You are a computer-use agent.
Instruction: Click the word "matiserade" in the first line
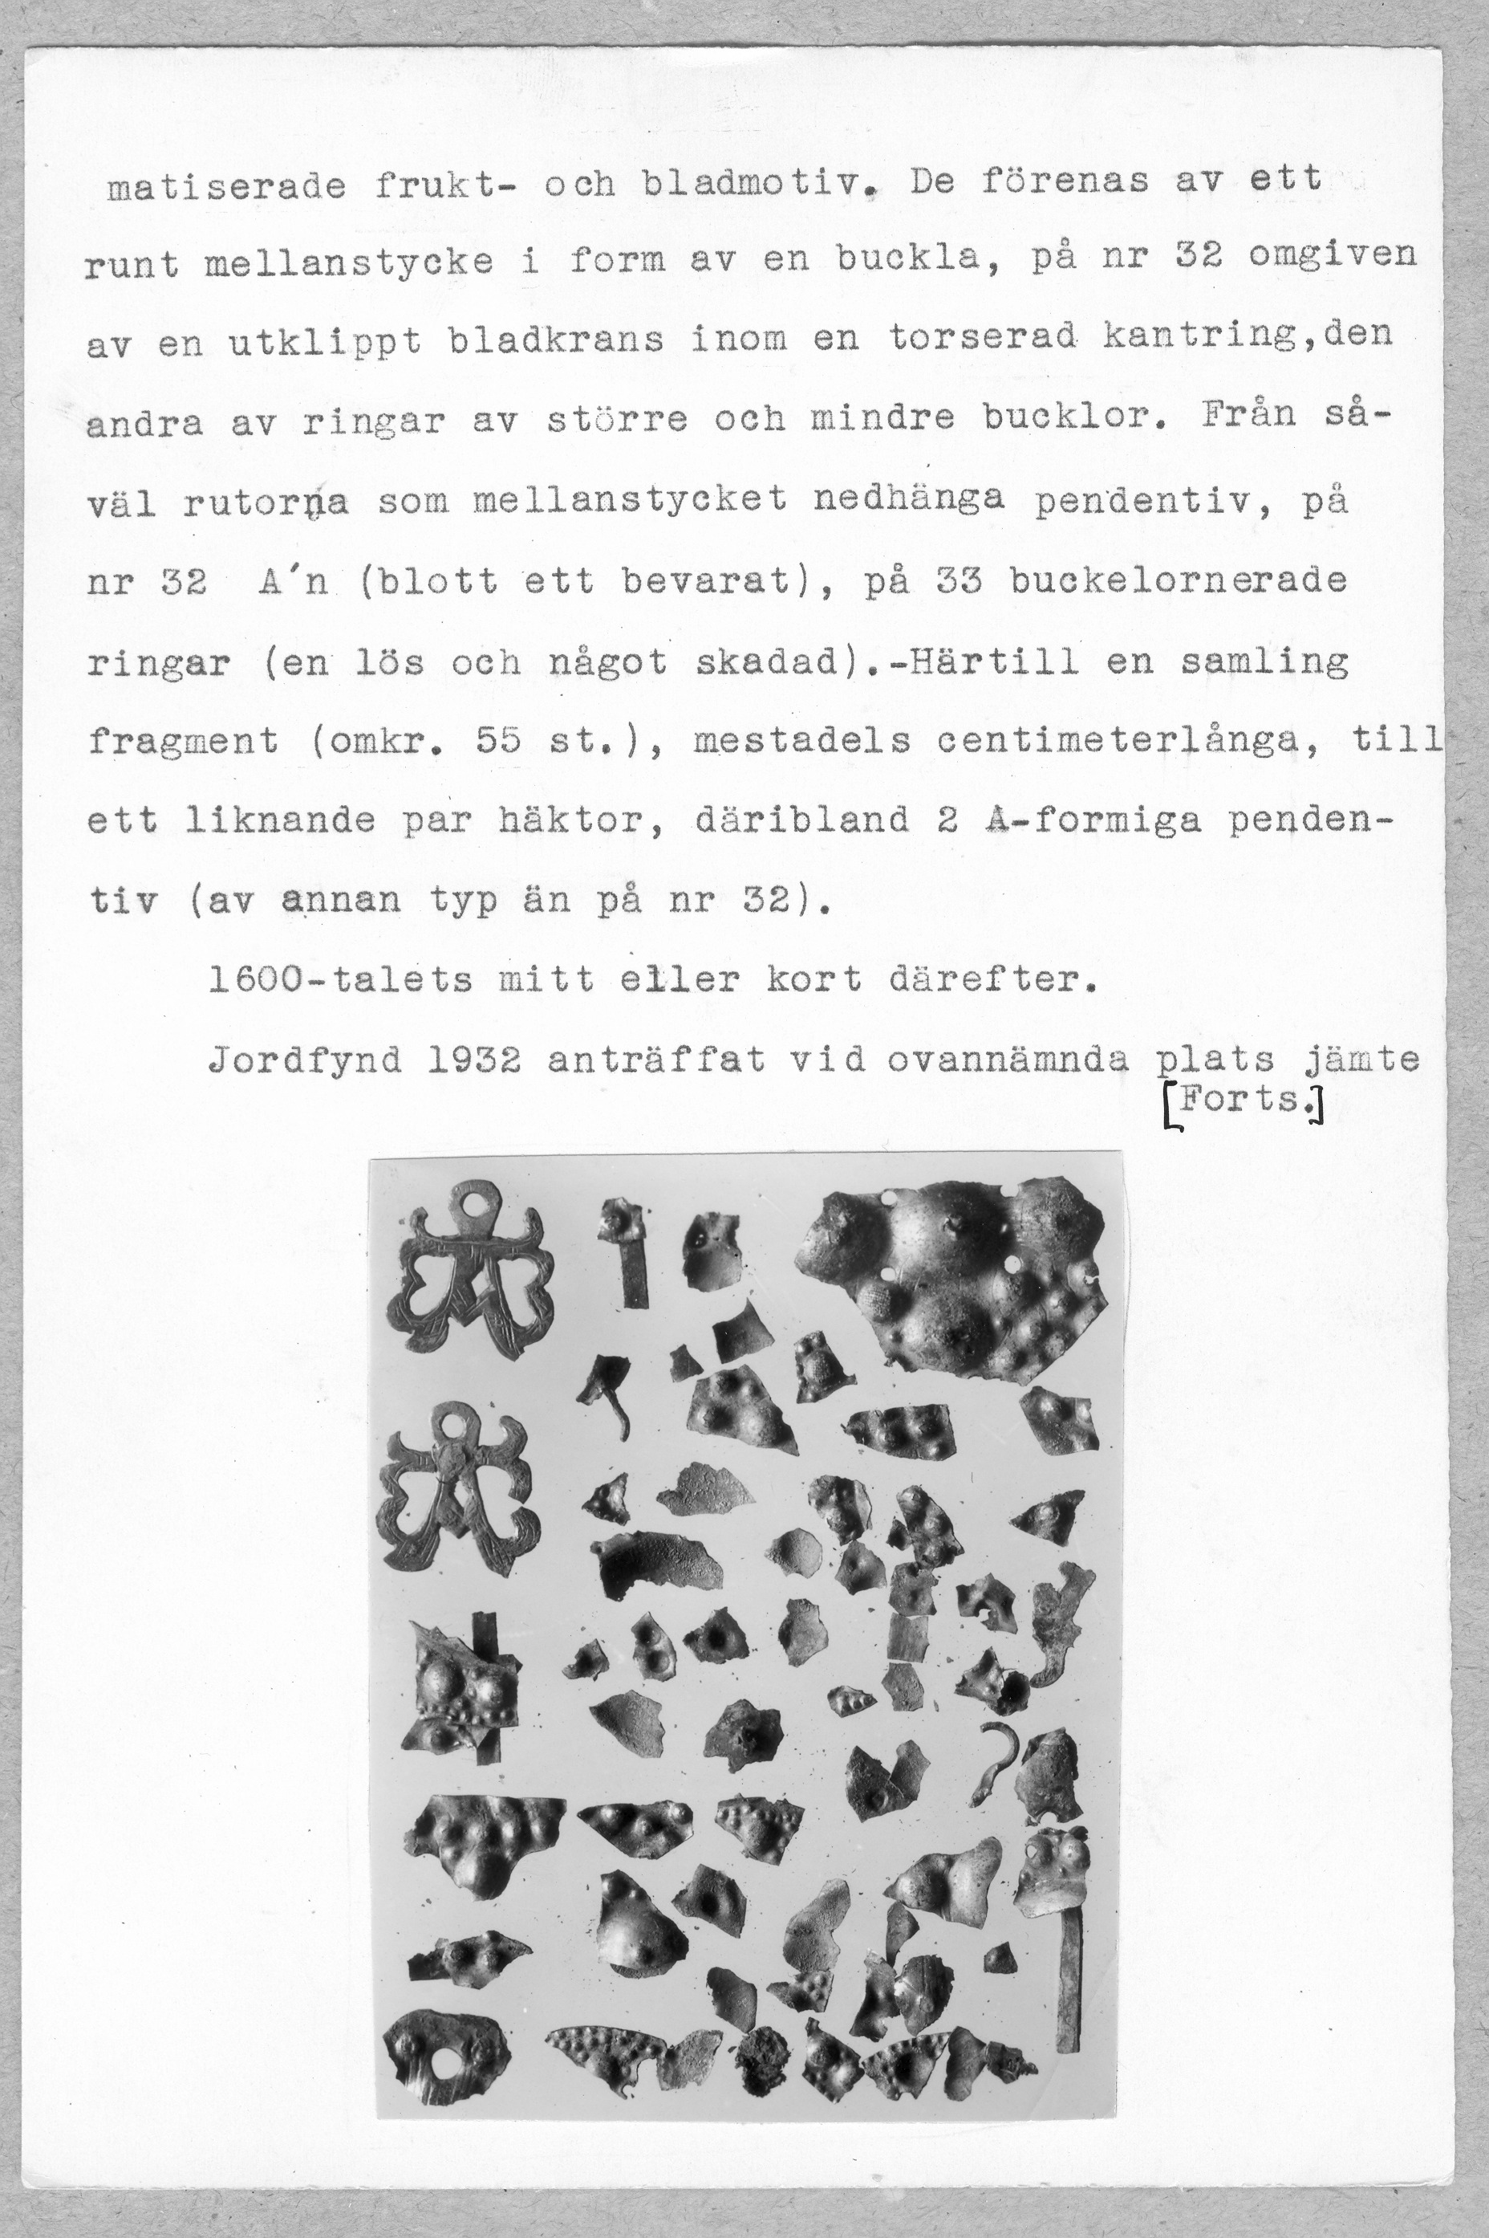[227, 185]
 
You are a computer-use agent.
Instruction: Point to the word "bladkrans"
[557, 339]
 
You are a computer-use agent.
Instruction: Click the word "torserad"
[981, 336]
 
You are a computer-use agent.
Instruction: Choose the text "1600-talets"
[340, 979]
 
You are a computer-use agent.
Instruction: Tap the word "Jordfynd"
[305, 1058]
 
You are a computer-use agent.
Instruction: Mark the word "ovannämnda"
[1008, 1058]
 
